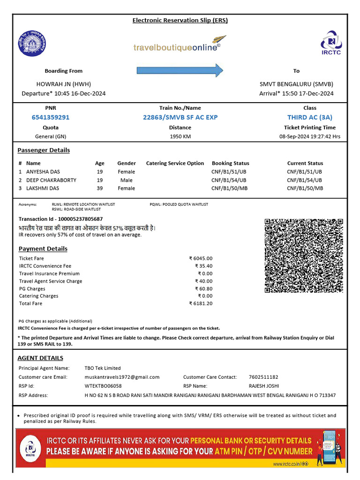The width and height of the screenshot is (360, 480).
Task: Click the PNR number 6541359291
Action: click(50, 117)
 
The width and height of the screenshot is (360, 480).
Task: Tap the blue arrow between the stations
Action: click(180, 70)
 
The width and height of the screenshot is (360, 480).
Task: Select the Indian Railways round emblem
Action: click(32, 43)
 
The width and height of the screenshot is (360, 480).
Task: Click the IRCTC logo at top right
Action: click(331, 43)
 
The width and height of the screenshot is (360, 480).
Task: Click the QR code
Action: click(304, 255)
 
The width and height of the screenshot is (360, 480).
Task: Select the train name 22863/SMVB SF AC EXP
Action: click(180, 117)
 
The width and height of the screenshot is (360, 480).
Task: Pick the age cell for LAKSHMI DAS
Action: click(99, 188)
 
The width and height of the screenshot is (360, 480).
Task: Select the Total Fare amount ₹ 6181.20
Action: click(201, 303)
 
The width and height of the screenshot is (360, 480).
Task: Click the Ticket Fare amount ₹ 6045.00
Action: click(201, 258)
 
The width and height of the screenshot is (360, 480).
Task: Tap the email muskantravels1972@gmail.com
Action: click(122, 377)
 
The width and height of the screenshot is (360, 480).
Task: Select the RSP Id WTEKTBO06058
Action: click(103, 386)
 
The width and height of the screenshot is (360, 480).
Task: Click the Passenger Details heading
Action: click(44, 150)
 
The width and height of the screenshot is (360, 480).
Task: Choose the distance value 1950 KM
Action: click(180, 136)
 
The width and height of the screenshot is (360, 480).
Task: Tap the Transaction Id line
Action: click(60, 219)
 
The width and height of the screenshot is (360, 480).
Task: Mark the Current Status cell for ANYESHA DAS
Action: click(305, 172)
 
